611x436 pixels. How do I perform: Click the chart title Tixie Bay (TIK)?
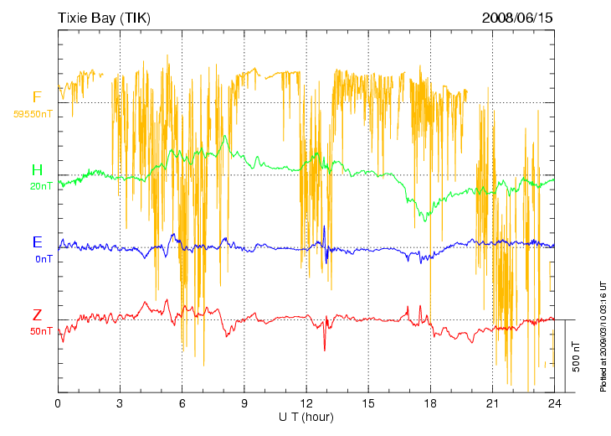(x=104, y=18)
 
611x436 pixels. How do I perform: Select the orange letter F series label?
(x=37, y=97)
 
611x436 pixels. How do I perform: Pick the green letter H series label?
(x=37, y=171)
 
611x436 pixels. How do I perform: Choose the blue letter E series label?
(x=37, y=243)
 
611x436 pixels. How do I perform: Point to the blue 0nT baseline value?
(x=44, y=259)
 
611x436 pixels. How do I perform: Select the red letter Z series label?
(x=37, y=315)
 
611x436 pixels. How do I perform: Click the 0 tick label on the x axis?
(x=58, y=403)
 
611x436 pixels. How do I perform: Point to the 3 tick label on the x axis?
(x=120, y=403)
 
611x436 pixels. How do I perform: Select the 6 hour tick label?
(x=182, y=403)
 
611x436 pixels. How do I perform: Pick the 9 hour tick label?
(x=244, y=403)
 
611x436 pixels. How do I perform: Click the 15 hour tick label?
(x=368, y=403)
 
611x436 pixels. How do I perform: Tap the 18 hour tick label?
(x=430, y=403)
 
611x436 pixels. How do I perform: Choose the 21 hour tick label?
(x=492, y=403)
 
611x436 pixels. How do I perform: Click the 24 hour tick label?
(x=554, y=403)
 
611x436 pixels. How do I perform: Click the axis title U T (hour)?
(x=306, y=417)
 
